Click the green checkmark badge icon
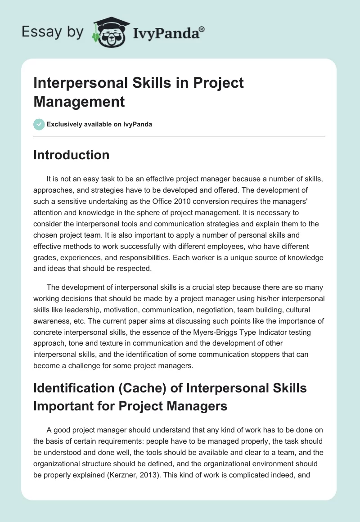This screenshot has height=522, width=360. tap(39, 124)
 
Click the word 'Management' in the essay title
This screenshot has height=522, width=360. tap(79, 101)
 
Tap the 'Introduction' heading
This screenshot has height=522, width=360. tap(72, 155)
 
